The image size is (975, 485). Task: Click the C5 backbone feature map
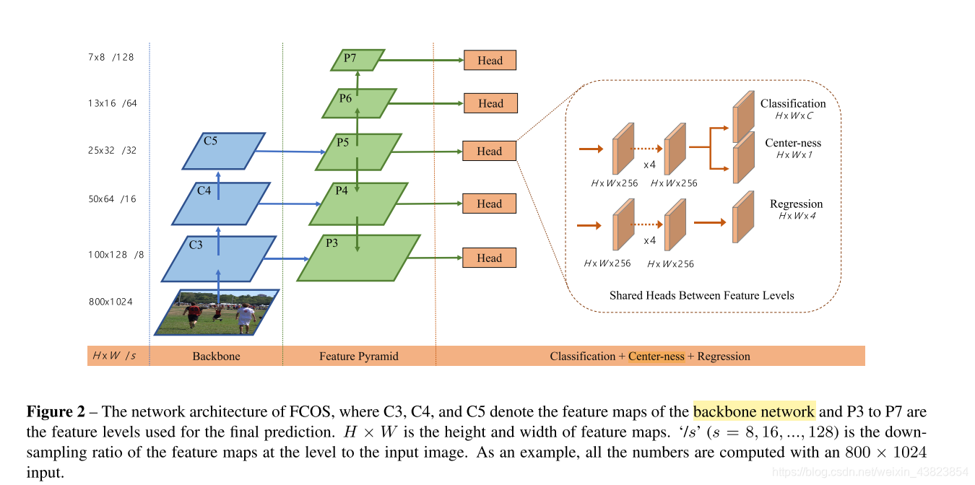224,151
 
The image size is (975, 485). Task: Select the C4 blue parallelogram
220,204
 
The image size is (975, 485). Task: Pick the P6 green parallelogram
359,102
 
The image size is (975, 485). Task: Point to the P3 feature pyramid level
359,258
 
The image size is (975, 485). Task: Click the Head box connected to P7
490,61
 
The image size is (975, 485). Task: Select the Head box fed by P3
490,258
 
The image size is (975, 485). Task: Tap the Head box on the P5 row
490,151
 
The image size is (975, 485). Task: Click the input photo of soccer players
217,313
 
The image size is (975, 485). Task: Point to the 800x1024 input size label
110,302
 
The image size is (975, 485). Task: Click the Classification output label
792,104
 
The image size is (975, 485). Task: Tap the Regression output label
796,204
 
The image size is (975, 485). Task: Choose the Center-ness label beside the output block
793,143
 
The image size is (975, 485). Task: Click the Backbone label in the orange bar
216,356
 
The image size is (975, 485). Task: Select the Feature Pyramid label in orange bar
358,356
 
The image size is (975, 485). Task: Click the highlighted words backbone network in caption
753,412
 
